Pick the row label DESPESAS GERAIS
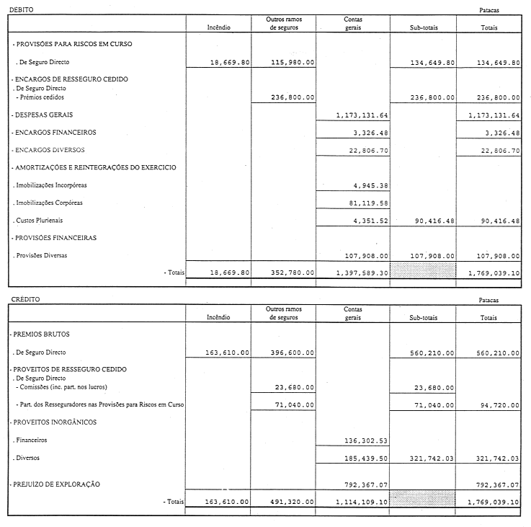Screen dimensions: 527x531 pyautogui.click(x=43, y=115)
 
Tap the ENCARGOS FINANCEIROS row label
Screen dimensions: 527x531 pyautogui.click(x=54, y=133)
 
